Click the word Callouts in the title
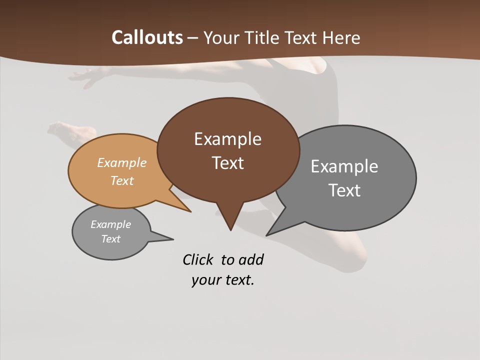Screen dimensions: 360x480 pos(147,37)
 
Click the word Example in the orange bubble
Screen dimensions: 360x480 pos(122,162)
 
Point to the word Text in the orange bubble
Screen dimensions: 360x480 pos(122,180)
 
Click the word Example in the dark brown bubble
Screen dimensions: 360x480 pos(227,139)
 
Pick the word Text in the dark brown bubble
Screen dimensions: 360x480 pos(228,163)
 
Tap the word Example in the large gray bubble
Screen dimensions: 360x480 pos(344,166)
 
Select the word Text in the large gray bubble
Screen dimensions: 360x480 pos(344,190)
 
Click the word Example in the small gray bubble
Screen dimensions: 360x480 pos(110,224)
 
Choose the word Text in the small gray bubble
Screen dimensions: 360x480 pos(110,239)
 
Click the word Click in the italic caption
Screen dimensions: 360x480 pos(198,259)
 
